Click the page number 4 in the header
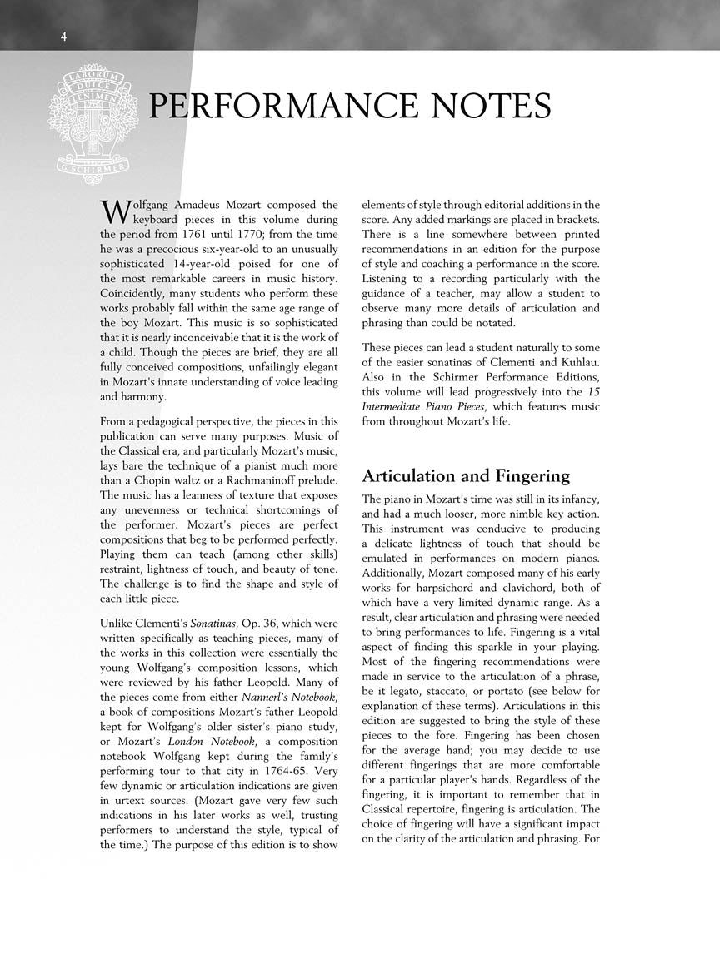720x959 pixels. (x=63, y=36)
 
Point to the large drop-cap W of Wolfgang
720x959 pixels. (x=112, y=211)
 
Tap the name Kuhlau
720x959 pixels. (x=576, y=362)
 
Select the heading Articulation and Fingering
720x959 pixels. (x=466, y=476)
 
